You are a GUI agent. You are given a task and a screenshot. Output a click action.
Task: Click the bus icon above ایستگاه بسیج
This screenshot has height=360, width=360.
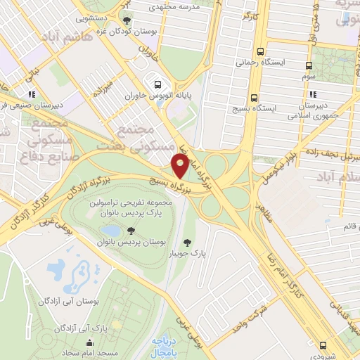click(254, 98)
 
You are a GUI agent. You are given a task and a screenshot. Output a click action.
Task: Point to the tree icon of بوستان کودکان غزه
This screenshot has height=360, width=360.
click(127, 20)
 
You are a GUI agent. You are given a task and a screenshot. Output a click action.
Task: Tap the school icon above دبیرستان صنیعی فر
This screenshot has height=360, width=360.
click(31, 94)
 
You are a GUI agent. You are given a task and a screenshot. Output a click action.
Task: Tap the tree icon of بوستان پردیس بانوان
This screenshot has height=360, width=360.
click(131, 231)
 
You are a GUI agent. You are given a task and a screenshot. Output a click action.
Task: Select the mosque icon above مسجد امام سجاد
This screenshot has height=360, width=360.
click(89, 343)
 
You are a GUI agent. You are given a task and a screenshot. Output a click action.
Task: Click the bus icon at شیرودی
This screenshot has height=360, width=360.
click(323, 345)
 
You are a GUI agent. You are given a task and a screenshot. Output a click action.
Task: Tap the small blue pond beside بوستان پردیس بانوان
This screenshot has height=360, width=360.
click(111, 231)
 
